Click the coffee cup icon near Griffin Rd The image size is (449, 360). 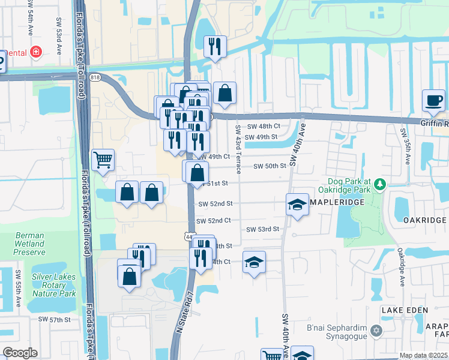pyautogui.click(x=433, y=100)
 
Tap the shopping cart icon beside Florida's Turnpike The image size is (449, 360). pyautogui.click(x=103, y=160)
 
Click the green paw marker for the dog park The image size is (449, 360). pyautogui.click(x=379, y=184)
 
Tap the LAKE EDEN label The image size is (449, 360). pyautogui.click(x=405, y=310)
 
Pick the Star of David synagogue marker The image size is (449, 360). pyautogui.click(x=376, y=331)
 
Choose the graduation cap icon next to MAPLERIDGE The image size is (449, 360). pyautogui.click(x=297, y=205)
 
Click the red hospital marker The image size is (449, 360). pyautogui.click(x=36, y=52)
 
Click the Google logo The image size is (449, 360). pyautogui.click(x=20, y=353)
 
